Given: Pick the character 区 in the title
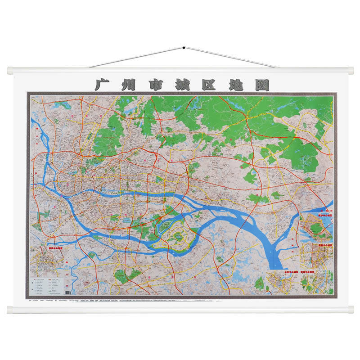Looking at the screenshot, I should tap(208, 85).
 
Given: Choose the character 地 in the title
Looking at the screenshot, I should tap(235, 85).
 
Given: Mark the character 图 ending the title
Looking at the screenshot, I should tap(261, 85).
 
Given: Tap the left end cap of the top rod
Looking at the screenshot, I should tap(10, 71).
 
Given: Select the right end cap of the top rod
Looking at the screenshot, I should tap(351, 71).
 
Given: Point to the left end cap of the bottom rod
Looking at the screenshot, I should tap(10, 309).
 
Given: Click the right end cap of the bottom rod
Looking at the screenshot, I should tap(351, 309).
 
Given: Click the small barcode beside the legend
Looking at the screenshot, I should tap(68, 292).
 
